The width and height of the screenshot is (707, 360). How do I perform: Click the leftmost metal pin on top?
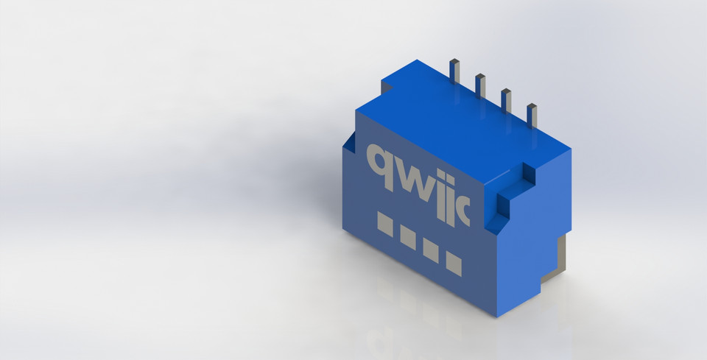455,71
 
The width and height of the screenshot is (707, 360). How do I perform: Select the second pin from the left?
480,85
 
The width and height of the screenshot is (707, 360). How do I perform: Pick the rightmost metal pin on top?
532,115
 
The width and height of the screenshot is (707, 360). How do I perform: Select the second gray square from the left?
407,236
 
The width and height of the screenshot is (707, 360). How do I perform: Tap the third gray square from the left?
431,250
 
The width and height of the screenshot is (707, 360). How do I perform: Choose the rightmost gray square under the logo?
454,264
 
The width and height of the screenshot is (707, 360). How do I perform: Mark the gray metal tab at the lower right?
561,254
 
